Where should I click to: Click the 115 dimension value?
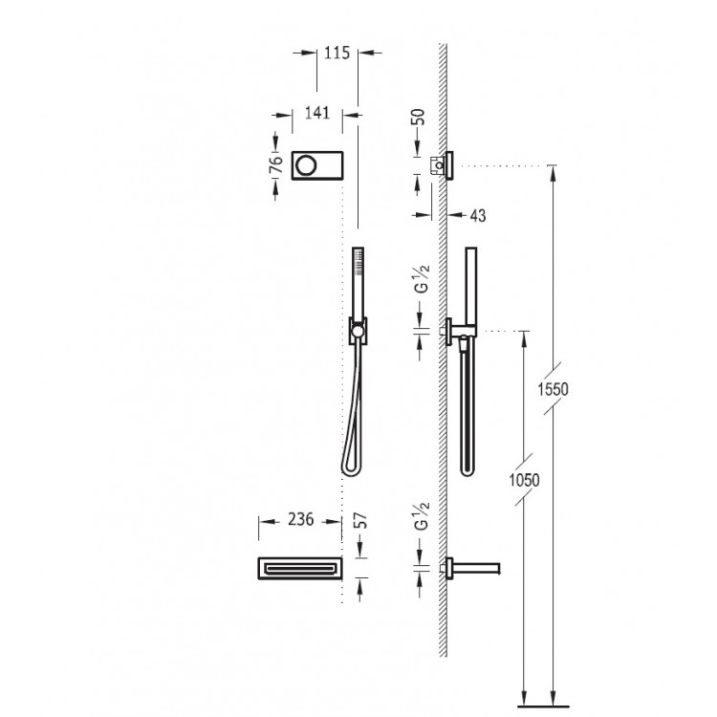pos(337,53)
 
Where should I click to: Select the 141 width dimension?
pos(317,113)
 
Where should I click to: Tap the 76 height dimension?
pos(275,164)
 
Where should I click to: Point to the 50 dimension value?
pos(418,117)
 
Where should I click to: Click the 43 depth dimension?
pos(478,215)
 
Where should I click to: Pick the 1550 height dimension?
pos(553,390)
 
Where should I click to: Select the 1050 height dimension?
pos(525,480)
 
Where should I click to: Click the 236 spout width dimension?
pos(300,519)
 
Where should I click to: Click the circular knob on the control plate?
pos(306,165)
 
